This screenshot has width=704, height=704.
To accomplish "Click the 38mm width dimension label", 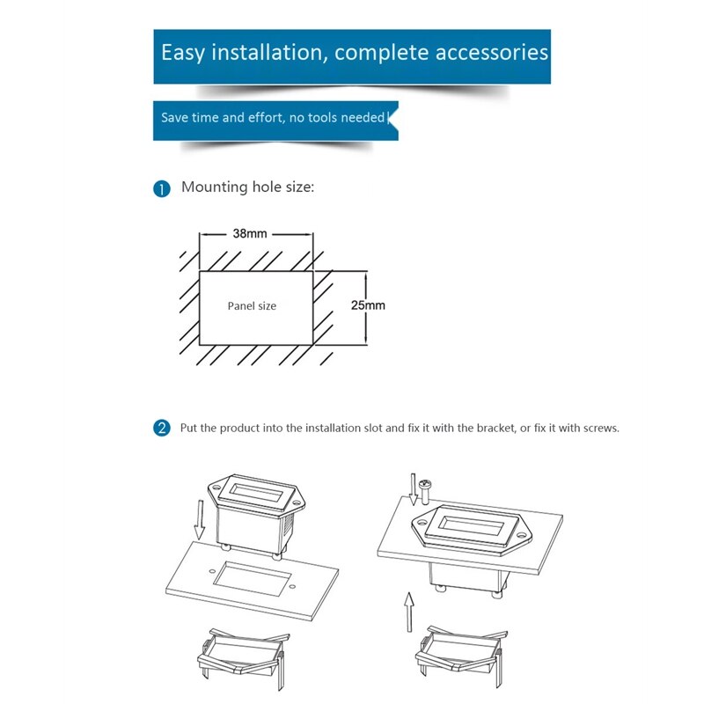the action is point(250,233).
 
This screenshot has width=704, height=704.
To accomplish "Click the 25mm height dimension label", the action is point(368,305).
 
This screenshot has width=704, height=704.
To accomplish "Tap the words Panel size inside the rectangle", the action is point(252,306).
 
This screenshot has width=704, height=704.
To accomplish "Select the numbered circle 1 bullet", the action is point(162,189).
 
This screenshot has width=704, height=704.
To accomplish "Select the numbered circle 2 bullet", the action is point(162,428).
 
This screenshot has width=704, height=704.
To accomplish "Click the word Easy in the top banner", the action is point(183,53).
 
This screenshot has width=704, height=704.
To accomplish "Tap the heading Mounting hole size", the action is point(247,187).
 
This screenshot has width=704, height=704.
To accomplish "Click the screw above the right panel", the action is point(424,491).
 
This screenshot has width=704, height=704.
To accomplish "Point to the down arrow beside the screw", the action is point(414,489).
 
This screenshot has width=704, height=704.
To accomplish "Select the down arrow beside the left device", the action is point(200,520).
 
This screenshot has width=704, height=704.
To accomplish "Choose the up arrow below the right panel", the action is point(408,612).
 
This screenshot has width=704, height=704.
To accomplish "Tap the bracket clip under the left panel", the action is point(244,656).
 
